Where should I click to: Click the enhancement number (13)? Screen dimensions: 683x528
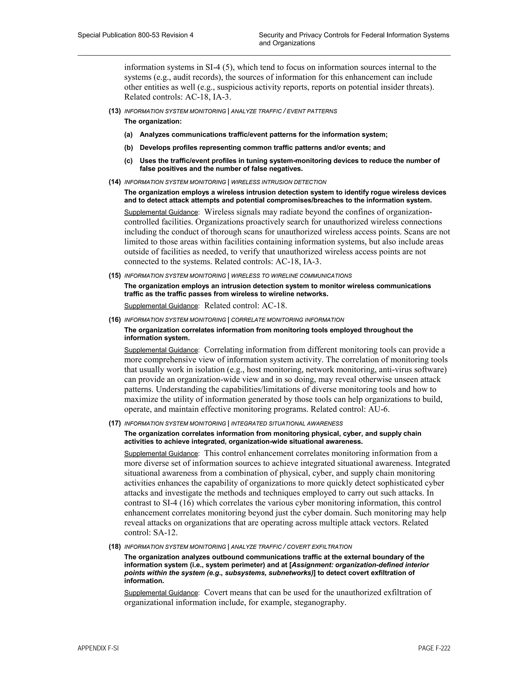click(x=115, y=111)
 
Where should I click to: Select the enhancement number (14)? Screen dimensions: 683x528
click(x=115, y=182)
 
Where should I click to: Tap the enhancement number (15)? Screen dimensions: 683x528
click(x=115, y=276)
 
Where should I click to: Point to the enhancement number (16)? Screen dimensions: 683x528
click(x=115, y=320)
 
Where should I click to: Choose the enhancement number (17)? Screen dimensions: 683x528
click(x=115, y=423)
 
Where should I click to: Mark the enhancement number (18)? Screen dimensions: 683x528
click(x=115, y=547)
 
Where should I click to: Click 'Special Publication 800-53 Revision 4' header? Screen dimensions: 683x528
click(x=135, y=35)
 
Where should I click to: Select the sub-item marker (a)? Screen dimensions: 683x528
click(x=128, y=135)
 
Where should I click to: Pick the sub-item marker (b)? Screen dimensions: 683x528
click(x=128, y=148)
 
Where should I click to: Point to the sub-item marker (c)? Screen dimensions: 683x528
click(x=128, y=161)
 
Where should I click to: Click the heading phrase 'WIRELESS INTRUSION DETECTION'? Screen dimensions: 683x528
click(x=278, y=182)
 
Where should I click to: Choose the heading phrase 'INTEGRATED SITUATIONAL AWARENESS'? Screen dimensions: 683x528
click(x=287, y=423)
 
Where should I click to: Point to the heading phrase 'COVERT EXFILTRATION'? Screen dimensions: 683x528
click(x=319, y=547)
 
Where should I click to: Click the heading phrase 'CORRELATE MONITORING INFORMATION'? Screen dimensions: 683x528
click(x=287, y=320)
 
